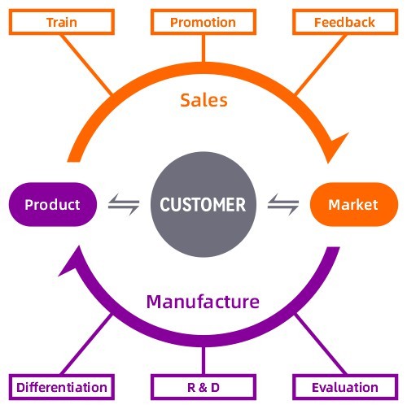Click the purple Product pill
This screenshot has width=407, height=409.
pos(53,204)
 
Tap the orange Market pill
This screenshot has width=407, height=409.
pos(354,204)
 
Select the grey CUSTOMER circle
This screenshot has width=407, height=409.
pos(203,204)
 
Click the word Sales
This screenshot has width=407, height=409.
pos(203,100)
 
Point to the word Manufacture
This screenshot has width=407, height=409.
pos(203,302)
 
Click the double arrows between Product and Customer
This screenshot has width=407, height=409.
pos(124,204)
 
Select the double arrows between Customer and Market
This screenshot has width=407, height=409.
pos(283,204)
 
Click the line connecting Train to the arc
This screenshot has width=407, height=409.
pos(86,64)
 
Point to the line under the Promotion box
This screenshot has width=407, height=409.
pos(203,49)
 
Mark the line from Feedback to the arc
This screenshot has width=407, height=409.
pos(320,64)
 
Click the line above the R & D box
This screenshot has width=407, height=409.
pos(203,360)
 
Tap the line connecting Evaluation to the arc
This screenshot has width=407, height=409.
pos(320,344)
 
